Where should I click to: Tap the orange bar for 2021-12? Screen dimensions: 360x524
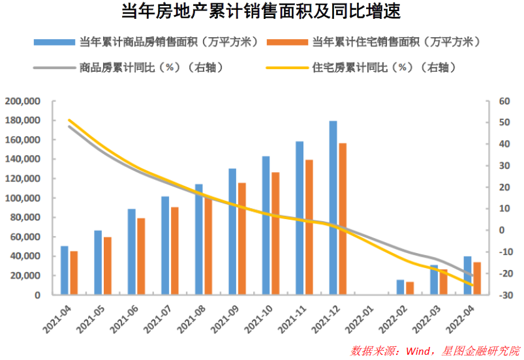(343, 218)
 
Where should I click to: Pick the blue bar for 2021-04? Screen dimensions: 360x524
(64, 270)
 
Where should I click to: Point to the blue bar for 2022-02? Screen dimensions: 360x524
(400, 287)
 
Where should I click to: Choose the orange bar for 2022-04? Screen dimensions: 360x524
(477, 278)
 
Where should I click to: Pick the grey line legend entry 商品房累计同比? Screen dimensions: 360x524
(131, 67)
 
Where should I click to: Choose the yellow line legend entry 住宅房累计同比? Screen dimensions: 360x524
(372, 67)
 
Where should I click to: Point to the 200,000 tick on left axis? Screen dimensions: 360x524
(22, 101)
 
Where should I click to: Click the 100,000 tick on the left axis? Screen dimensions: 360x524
(22, 198)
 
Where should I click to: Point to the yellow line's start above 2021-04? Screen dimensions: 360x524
(69, 120)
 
